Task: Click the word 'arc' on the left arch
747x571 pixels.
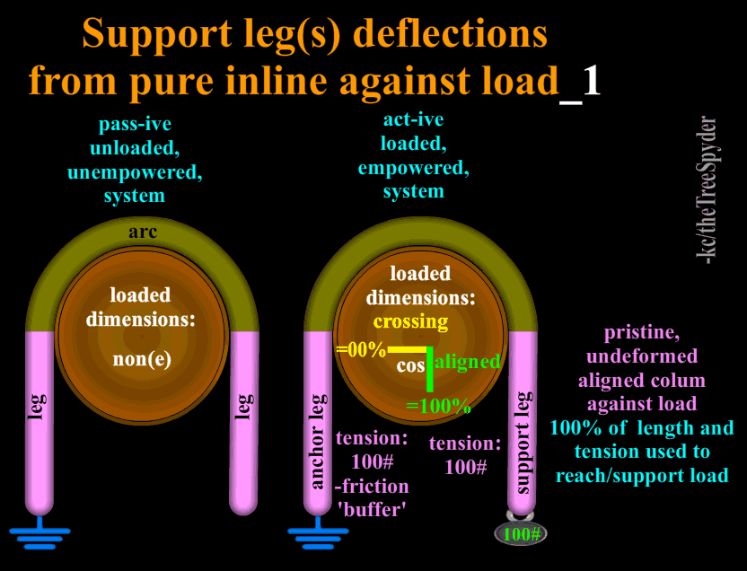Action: [x=143, y=233]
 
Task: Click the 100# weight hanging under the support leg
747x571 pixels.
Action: [x=520, y=534]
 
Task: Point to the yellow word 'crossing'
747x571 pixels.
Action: [x=410, y=321]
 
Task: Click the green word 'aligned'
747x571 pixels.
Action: [x=467, y=361]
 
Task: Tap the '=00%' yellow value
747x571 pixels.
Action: [x=360, y=350]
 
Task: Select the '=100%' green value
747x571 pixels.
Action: [x=438, y=406]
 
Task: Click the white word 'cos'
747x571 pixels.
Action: [x=410, y=366]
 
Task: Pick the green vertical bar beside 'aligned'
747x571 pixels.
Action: [x=429, y=368]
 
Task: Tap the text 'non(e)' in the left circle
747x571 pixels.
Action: [x=141, y=359]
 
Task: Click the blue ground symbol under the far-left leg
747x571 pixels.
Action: [x=40, y=536]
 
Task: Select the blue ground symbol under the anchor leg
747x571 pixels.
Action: [x=318, y=536]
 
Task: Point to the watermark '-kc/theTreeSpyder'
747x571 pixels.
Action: [x=708, y=189]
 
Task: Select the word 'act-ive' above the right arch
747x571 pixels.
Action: [x=413, y=119]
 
